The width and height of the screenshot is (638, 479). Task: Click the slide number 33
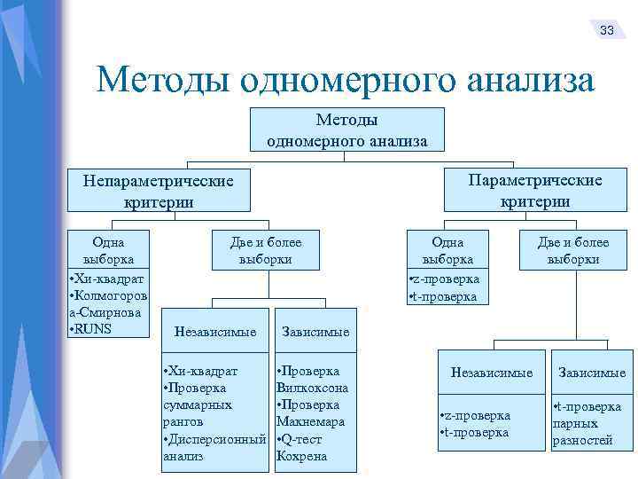[607, 30]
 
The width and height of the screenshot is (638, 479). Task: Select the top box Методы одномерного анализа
[346, 130]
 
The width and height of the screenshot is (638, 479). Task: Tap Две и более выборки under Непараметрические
[265, 251]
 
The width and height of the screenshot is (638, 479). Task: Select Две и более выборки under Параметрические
[572, 251]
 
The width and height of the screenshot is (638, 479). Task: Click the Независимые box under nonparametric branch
[216, 332]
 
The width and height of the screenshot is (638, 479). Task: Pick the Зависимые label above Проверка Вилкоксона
[315, 332]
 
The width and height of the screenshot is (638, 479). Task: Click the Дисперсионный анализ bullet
[215, 448]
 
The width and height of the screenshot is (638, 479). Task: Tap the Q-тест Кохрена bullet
[303, 448]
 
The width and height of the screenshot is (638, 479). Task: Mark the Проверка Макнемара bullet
[311, 413]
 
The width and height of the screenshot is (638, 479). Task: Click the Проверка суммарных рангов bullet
[201, 397]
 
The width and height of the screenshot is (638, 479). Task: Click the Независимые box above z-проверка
[492, 373]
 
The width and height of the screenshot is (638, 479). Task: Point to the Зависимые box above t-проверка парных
[590, 373]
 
